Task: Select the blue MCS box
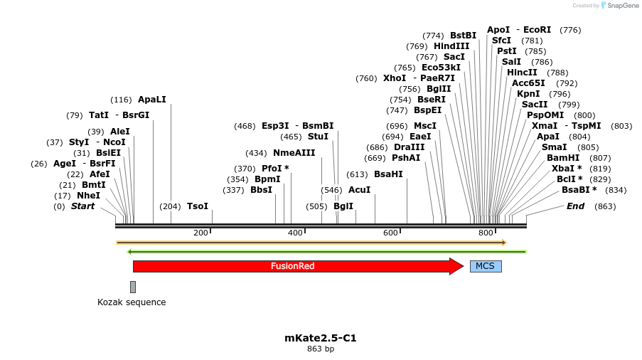tap(485, 266)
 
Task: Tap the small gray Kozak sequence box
tap(132, 287)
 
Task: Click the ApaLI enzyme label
tap(151, 100)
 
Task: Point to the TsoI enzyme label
tap(198, 206)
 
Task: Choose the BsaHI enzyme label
tap(388, 174)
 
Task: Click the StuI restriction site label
tap(318, 137)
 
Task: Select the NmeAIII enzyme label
tap(294, 153)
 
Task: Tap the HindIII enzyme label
tap(451, 46)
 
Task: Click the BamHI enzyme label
tap(563, 158)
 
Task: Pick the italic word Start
tap(82, 206)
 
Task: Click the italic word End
tap(575, 206)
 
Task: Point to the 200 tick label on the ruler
tap(200, 233)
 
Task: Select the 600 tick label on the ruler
tap(390, 233)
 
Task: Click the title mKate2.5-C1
tap(320, 338)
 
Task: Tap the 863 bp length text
tap(320, 349)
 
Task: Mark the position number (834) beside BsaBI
tap(616, 190)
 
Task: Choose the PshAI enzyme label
tap(406, 158)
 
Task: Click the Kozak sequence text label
tap(132, 302)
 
